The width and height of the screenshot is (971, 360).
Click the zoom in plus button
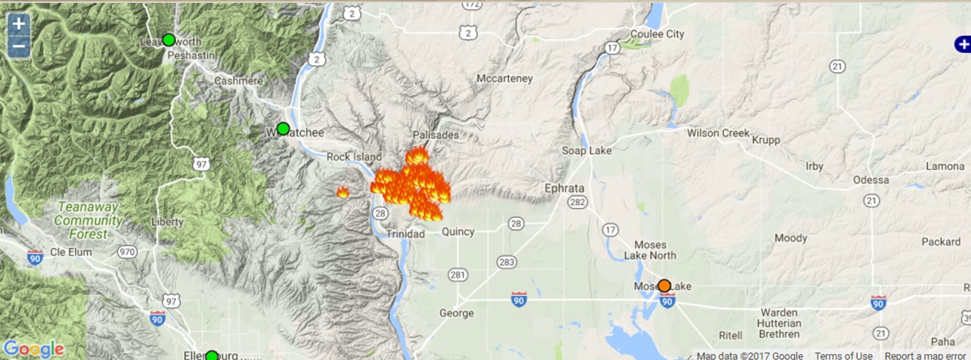click(19, 23)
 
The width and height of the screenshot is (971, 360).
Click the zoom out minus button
click(19, 47)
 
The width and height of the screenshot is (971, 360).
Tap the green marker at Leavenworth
click(169, 39)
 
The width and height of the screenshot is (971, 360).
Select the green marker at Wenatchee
click(283, 129)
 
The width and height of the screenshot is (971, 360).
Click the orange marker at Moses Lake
click(664, 286)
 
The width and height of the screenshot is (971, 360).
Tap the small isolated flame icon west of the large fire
click(343, 192)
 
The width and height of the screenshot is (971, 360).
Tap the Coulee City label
click(657, 34)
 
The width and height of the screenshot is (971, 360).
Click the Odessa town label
click(870, 180)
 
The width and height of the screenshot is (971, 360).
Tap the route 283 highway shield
click(507, 262)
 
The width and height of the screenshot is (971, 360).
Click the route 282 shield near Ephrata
click(578, 202)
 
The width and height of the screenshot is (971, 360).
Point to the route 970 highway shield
click(127, 251)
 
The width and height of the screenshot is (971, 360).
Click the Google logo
click(33, 349)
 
